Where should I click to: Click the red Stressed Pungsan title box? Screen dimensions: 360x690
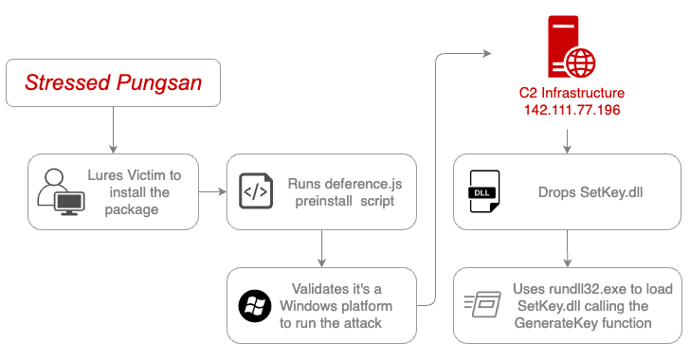coord(113,83)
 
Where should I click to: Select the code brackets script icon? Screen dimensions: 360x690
coord(254,190)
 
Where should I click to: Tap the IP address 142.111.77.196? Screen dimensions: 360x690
coord(572,111)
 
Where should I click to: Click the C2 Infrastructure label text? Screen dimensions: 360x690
coord(572,94)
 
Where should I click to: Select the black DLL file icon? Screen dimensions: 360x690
coord(483,191)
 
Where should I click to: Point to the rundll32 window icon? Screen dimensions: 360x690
coord(481,305)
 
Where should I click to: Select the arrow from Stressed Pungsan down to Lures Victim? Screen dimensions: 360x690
coord(113,130)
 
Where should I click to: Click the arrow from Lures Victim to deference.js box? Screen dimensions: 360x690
coord(213,191)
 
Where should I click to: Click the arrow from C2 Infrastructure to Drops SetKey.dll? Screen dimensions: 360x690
coord(567,138)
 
